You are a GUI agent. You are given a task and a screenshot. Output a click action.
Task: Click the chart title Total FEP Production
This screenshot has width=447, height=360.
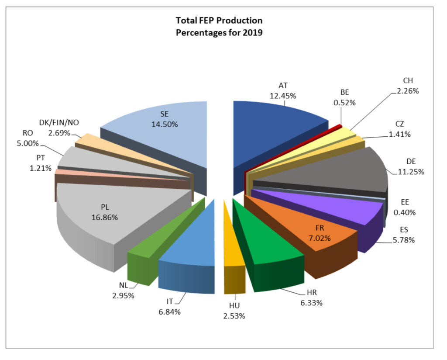click(219, 21)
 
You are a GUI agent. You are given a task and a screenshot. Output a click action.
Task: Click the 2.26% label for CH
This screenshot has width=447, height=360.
click(409, 91)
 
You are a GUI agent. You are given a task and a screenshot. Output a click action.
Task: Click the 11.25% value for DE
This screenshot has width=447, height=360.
click(411, 172)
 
